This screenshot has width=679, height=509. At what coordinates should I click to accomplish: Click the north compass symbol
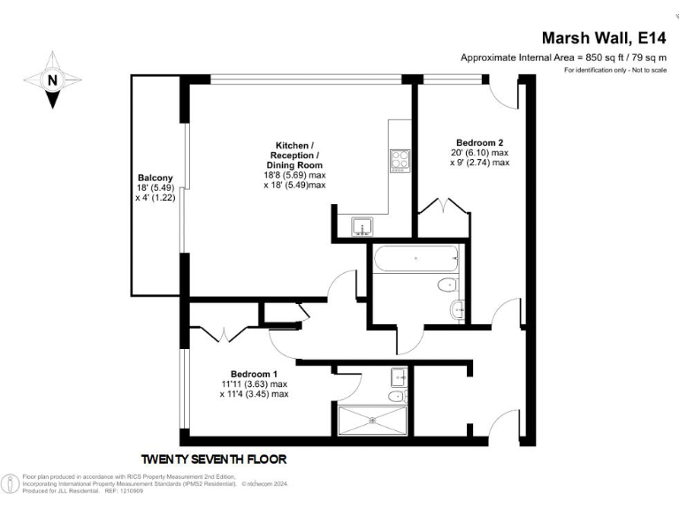(52, 80)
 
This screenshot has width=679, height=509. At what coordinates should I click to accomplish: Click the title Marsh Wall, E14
(604, 38)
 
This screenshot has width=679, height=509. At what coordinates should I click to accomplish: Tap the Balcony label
(155, 178)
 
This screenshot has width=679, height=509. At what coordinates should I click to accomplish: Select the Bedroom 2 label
(480, 143)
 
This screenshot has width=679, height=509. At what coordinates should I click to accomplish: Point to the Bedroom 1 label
(255, 374)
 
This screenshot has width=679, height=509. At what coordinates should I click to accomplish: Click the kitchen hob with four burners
(400, 160)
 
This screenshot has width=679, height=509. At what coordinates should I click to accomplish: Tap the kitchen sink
(362, 226)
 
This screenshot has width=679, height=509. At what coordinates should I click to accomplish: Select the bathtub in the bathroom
(416, 260)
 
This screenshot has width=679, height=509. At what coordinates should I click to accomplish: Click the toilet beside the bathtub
(446, 285)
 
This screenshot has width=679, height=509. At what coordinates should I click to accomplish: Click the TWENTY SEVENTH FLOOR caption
(215, 460)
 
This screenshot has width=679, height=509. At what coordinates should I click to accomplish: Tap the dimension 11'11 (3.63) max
(255, 384)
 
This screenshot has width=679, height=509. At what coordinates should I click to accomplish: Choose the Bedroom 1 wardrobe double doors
(225, 334)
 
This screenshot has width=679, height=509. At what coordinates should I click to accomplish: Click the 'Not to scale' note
(645, 69)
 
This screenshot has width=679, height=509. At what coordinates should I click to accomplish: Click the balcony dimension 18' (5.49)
(155, 188)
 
